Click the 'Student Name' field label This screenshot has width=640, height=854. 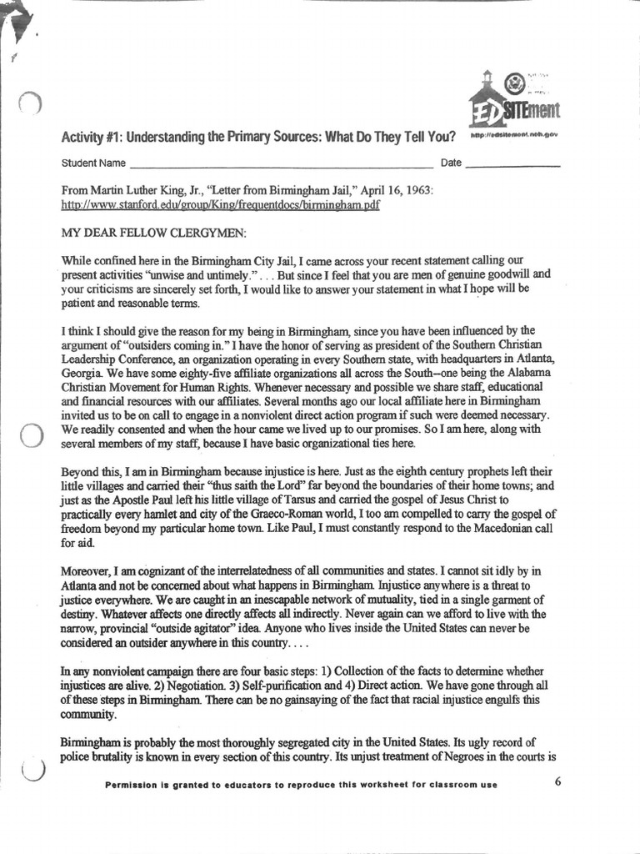(x=94, y=163)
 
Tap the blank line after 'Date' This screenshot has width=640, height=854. (x=512, y=165)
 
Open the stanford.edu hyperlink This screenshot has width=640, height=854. (x=221, y=204)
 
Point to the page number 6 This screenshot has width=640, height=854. (x=557, y=781)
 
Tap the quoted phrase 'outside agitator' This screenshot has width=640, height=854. (x=183, y=628)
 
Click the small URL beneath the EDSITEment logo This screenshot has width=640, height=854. (x=513, y=134)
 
